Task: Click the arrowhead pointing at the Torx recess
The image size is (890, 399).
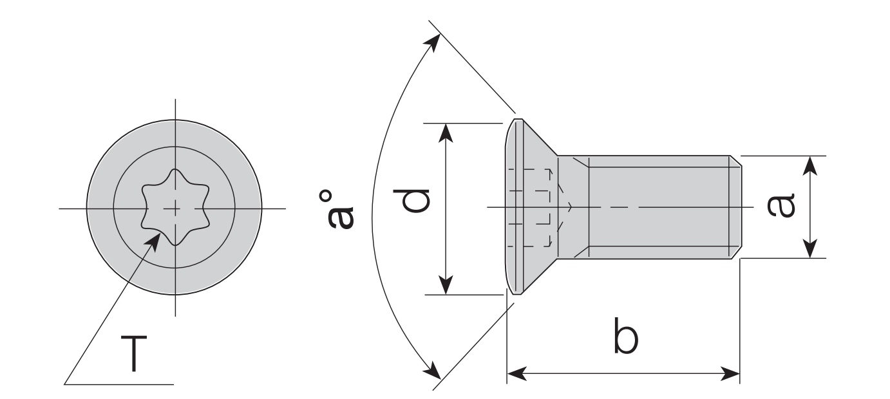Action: click(154, 239)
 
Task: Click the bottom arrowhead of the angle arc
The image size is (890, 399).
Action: click(433, 371)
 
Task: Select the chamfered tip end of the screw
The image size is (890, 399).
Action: click(736, 207)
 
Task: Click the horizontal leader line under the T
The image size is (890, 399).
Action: click(119, 385)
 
